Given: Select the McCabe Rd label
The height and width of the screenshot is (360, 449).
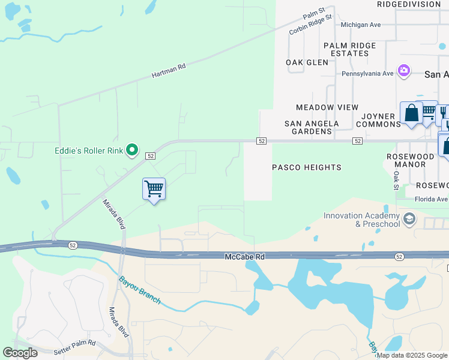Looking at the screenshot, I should point(244,256).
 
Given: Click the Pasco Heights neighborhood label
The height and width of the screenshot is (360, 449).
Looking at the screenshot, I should point(307,167).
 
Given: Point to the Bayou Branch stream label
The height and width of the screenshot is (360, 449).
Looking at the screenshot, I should point(140,290).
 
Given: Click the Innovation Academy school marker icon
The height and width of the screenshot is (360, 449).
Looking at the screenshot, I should point(410,218).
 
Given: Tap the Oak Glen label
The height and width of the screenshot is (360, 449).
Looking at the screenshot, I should point(307,62).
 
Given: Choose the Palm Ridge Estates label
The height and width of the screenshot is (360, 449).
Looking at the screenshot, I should point(349,49).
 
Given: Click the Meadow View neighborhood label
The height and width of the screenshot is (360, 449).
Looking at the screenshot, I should point(327,107).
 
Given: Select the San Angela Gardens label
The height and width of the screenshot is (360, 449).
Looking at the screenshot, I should point(312,127).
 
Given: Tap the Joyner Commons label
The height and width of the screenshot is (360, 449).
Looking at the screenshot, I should point(378,120).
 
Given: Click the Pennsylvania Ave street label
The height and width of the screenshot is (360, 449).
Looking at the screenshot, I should point(367,74).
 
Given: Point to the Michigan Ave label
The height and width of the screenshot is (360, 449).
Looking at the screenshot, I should point(361,25).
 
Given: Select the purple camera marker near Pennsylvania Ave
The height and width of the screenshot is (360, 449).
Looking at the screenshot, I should point(404,71).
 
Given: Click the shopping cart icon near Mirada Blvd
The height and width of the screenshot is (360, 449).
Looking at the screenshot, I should point(154,189).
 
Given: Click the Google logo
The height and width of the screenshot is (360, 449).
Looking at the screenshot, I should point(20,353).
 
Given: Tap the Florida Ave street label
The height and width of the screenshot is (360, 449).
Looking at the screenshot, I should point(431,199).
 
